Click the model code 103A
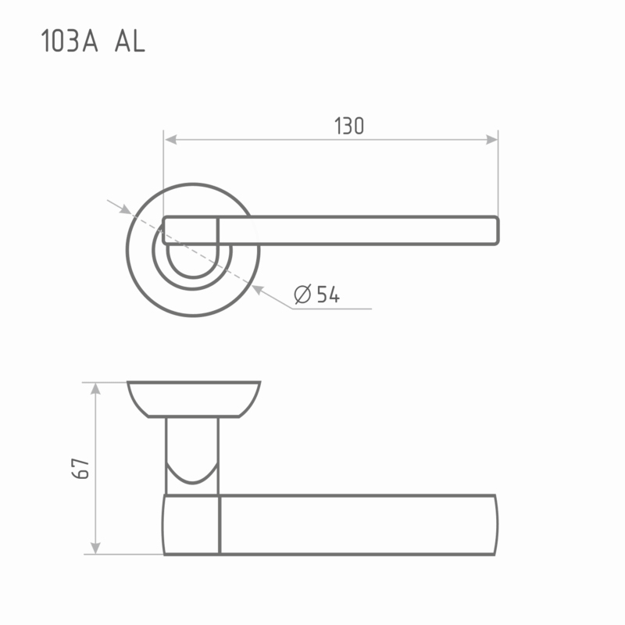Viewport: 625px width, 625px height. click(70, 41)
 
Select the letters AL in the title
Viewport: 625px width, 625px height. click(130, 41)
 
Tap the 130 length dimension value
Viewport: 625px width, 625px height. click(349, 126)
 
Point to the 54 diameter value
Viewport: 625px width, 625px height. click(328, 295)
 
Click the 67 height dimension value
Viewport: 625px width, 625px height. click(80, 468)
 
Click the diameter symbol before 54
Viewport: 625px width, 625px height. click(302, 295)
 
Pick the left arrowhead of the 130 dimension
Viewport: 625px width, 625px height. click(170, 140)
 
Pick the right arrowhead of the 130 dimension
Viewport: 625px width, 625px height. click(491, 140)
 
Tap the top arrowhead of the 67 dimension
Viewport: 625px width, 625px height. click(95, 388)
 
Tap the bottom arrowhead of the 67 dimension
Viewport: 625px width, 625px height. click(95, 548)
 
